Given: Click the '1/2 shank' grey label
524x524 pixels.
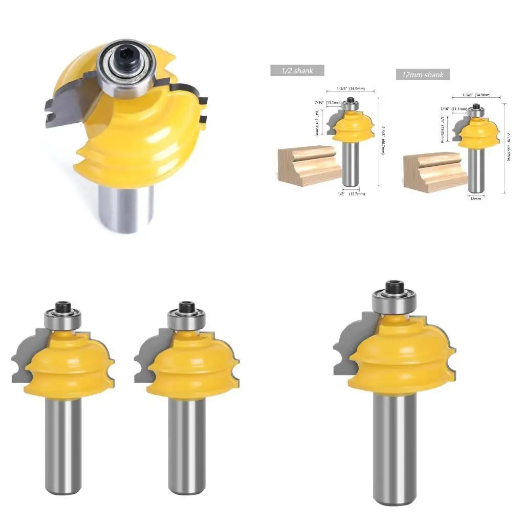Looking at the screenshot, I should pos(297,70).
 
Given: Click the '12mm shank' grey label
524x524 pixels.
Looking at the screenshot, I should pos(422,75).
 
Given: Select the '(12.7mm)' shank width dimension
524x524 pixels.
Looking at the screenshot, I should pos(357,194).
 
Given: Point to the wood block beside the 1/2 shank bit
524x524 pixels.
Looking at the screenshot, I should pos(308,164).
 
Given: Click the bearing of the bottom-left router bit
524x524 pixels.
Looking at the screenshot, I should pos(63,320).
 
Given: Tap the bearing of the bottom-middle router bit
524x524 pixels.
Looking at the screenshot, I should pos(186,320).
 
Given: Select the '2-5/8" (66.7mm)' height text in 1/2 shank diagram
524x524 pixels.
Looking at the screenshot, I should pos(382,140).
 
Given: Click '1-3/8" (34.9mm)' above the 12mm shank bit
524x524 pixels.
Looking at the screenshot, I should pos(476,95).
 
